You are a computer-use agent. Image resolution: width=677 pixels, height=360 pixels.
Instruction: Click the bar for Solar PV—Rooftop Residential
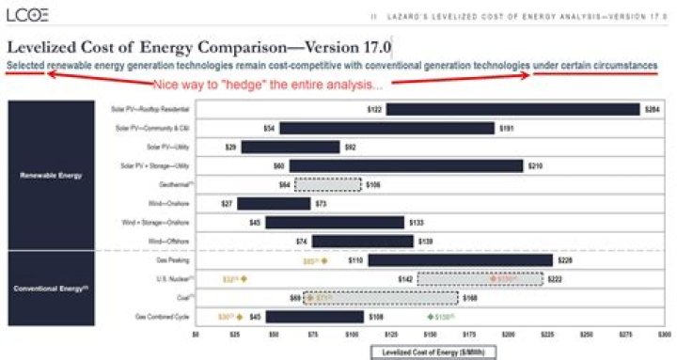tap(513, 109)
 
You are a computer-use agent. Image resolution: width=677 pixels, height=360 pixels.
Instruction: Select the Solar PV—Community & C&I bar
tap(386, 128)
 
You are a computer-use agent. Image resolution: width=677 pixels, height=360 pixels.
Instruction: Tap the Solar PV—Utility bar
tap(290, 147)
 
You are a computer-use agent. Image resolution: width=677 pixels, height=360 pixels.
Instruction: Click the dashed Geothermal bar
tap(327, 184)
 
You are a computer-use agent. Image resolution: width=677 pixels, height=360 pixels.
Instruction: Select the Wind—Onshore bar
tap(273, 203)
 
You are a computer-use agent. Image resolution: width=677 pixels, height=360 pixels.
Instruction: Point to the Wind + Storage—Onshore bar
tap(335, 222)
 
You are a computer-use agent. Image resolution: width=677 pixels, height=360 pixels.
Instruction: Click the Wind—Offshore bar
tap(362, 242)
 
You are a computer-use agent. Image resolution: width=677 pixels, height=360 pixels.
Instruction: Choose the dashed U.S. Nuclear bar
tap(480, 279)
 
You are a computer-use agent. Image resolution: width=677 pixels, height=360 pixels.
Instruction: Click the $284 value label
tap(652, 109)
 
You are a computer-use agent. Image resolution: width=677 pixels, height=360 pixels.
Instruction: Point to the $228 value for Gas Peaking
tap(565, 260)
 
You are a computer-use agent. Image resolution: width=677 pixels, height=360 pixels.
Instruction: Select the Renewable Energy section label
tap(53, 175)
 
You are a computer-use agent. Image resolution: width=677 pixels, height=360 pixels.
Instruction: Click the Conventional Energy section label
tap(53, 289)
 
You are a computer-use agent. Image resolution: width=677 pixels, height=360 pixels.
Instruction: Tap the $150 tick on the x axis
tap(431, 334)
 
